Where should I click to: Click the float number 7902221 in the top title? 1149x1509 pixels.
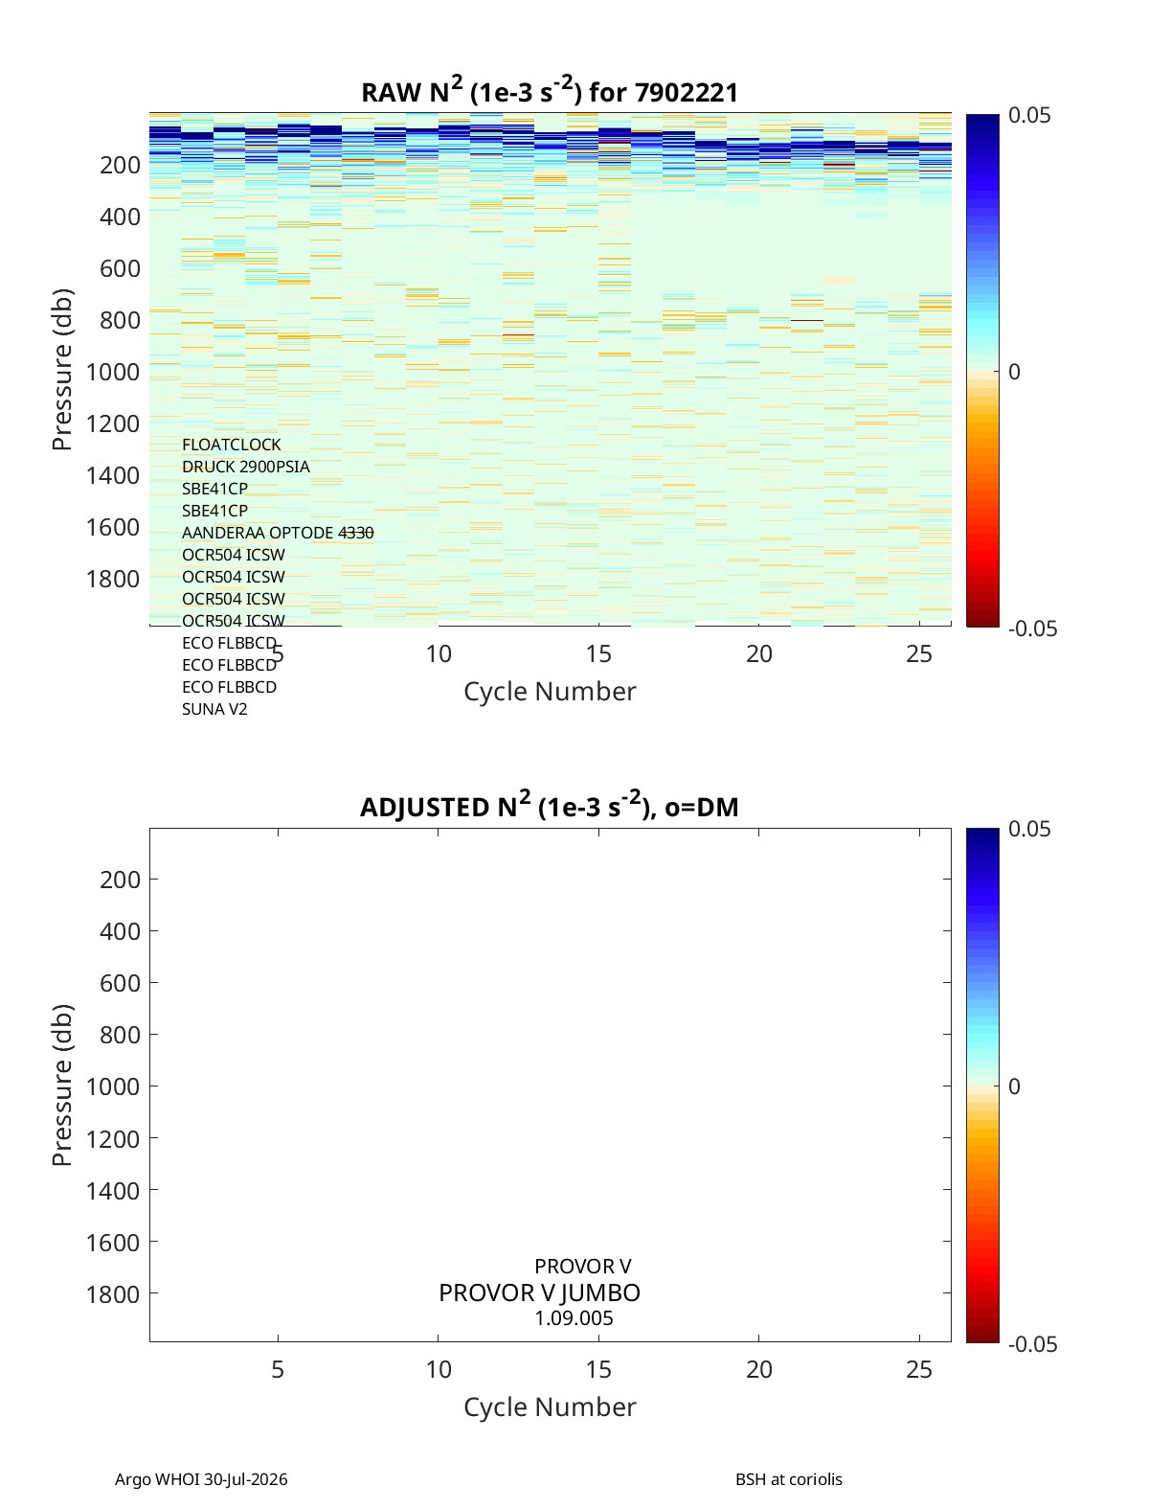point(686,93)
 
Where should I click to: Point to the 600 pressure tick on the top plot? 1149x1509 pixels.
point(121,268)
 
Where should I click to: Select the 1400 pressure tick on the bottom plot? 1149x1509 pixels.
point(113,1190)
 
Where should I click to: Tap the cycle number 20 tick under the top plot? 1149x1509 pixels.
point(759,653)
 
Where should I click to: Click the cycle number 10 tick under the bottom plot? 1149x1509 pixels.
point(439,1369)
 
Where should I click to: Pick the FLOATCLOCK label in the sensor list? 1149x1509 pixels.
point(232,445)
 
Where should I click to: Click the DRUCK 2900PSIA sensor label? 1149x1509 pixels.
point(246,467)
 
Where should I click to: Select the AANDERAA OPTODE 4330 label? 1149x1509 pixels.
point(278,533)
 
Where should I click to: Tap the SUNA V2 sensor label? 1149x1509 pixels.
point(214,709)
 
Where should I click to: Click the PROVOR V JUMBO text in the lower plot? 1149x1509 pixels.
point(539,1293)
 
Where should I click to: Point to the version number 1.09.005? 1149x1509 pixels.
point(574,1318)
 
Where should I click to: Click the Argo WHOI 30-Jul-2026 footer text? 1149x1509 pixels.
point(201,1479)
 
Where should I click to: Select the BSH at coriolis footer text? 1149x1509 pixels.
point(788,1479)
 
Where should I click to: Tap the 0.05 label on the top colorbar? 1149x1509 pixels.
point(1029,115)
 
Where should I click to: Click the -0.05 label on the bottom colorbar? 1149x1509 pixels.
point(1033,1344)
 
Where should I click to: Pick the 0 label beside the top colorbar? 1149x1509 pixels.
point(1014,372)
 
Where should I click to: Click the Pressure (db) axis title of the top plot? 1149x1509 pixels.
point(62,370)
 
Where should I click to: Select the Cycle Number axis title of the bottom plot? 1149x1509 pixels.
point(550,1407)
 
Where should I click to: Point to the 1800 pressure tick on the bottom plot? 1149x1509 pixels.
point(113,1294)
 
